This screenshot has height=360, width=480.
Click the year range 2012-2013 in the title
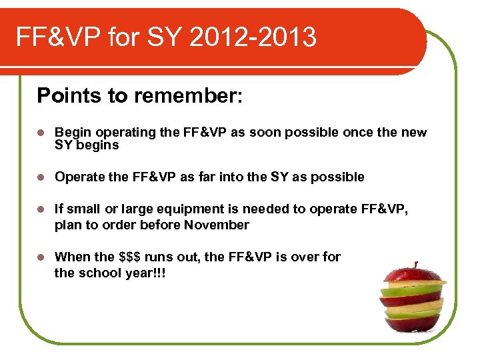[x=253, y=37]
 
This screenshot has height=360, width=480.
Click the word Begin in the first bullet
[x=70, y=132]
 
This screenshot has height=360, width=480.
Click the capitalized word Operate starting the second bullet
[x=77, y=177]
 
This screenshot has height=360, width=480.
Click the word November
[x=216, y=225]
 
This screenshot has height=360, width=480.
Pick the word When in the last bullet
[x=71, y=257]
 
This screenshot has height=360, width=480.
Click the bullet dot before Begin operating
[x=41, y=133]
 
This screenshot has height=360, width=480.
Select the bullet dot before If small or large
[x=41, y=209]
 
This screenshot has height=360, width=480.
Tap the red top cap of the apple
[x=413, y=275]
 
